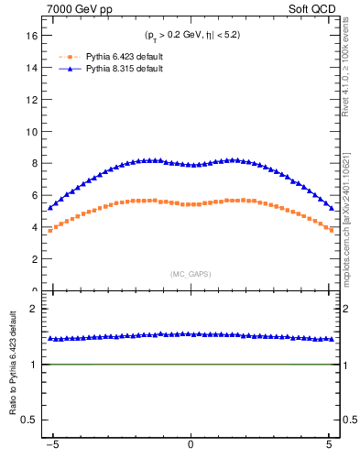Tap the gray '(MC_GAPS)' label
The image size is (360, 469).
[190, 274]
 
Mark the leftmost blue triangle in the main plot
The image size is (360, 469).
[50, 208]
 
